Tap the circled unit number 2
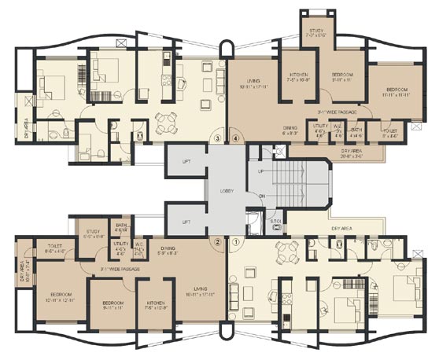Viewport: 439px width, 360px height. click(216, 243)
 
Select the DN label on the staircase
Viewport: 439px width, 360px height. click(261, 197)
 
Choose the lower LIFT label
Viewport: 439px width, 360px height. click(186, 222)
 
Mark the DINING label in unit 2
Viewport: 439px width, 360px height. click(173, 248)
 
